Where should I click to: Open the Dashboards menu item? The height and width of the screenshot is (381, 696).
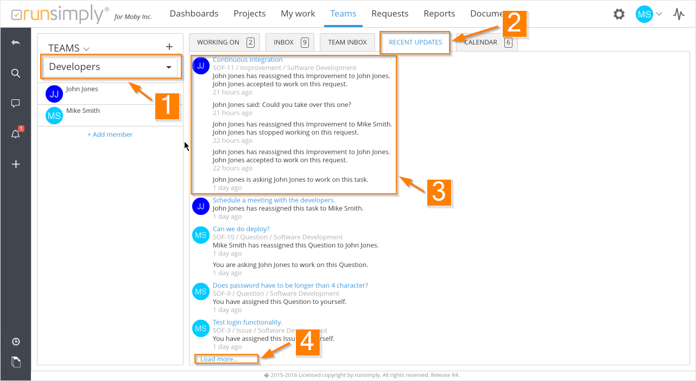[x=194, y=14]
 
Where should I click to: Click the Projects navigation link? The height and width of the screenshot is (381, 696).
[x=250, y=14]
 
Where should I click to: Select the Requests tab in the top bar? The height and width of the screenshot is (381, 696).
[x=390, y=14]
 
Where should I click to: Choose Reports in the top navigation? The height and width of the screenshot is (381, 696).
[x=439, y=14]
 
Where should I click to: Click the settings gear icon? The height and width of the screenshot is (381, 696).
[x=618, y=14]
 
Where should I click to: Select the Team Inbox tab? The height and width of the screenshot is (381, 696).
[x=347, y=42]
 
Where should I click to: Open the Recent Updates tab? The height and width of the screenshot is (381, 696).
[x=415, y=42]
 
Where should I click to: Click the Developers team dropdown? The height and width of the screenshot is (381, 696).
[x=110, y=67]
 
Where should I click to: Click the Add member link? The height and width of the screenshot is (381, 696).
[x=110, y=135]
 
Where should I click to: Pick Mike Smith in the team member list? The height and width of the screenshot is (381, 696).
[x=83, y=111]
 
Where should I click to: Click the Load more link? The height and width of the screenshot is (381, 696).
[x=219, y=359]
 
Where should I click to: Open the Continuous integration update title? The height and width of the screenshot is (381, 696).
[x=248, y=60]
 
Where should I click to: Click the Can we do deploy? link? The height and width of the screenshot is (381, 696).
[x=241, y=229]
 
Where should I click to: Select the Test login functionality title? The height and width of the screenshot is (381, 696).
[x=248, y=322]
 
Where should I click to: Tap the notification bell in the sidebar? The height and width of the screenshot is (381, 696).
[x=16, y=134]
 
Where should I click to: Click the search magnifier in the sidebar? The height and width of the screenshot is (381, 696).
[x=16, y=73]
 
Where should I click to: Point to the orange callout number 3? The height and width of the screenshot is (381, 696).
[x=439, y=193]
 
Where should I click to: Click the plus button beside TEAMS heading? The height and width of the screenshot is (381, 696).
[x=169, y=47]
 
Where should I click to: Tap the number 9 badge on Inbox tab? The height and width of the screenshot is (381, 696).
[x=305, y=42]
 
